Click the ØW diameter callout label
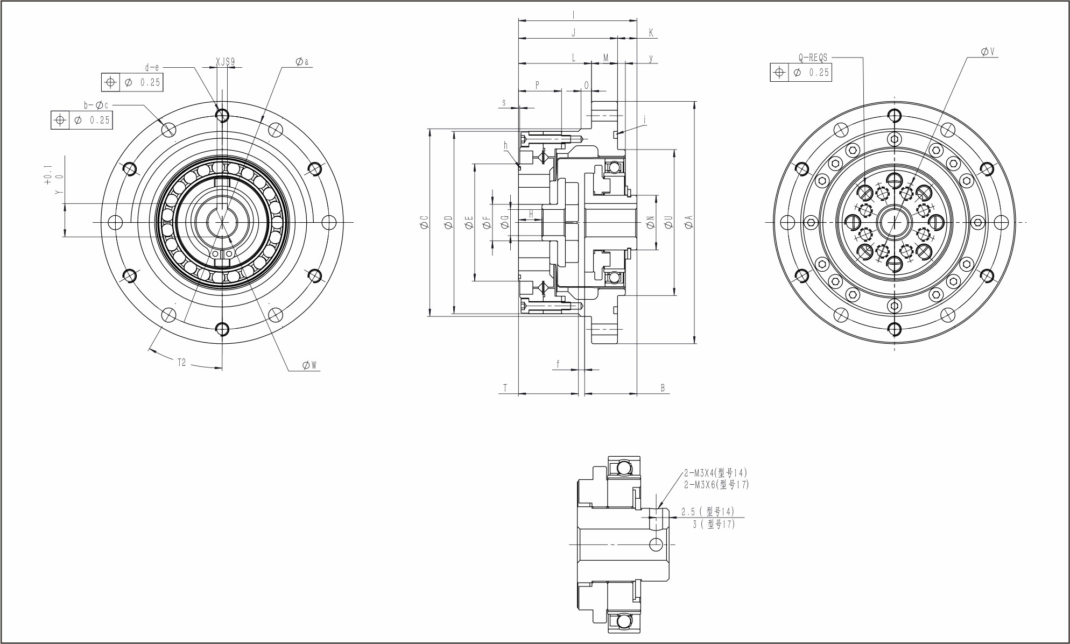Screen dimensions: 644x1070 click(309, 365)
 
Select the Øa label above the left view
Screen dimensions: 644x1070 click(302, 62)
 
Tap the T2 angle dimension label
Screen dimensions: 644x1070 click(181, 362)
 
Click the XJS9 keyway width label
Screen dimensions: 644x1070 click(225, 62)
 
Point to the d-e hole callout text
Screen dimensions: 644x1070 click(152, 68)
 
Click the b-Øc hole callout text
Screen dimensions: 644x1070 click(96, 105)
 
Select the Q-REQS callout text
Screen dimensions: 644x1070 click(813, 58)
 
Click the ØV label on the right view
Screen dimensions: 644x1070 click(988, 52)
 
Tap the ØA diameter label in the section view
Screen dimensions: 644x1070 click(689, 222)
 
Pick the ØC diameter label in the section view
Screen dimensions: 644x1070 click(424, 222)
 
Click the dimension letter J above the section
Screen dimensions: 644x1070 click(573, 33)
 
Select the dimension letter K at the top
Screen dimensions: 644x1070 click(651, 33)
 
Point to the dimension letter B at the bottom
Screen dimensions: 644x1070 click(663, 387)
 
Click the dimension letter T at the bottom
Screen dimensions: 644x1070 click(505, 387)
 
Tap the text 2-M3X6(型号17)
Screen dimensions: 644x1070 click(716, 484)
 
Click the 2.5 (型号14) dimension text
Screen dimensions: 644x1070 click(707, 511)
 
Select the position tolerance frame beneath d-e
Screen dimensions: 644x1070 click(132, 82)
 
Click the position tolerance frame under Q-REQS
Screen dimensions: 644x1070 click(800, 72)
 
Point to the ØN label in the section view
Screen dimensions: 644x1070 click(650, 222)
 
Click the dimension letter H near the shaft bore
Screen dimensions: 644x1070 click(531, 214)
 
